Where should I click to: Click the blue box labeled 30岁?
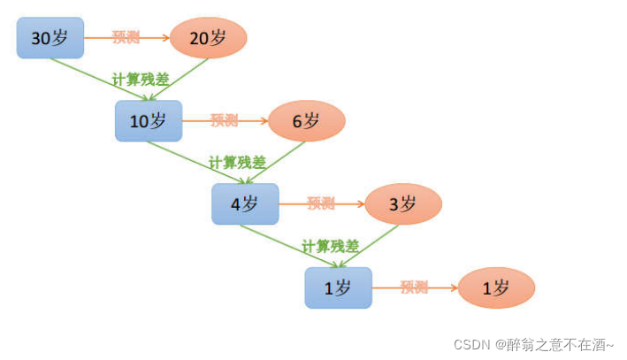(x=50, y=38)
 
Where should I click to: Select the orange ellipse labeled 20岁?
(x=208, y=37)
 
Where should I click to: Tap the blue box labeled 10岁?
(x=149, y=121)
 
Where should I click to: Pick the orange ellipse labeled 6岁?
(x=306, y=121)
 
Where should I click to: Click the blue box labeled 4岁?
(x=245, y=204)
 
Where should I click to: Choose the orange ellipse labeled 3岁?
(x=403, y=204)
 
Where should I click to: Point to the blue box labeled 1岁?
(x=339, y=287)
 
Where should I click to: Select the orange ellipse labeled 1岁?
(x=496, y=287)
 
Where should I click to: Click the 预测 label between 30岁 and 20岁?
(x=126, y=37)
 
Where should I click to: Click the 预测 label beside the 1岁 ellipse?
(x=414, y=287)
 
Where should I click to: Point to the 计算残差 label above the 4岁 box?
(x=237, y=162)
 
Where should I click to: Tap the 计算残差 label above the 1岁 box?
(x=331, y=246)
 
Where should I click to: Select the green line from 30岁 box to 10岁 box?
(x=88, y=75)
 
